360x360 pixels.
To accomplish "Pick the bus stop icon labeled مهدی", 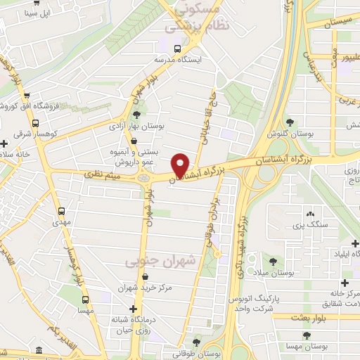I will point(62,210).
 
